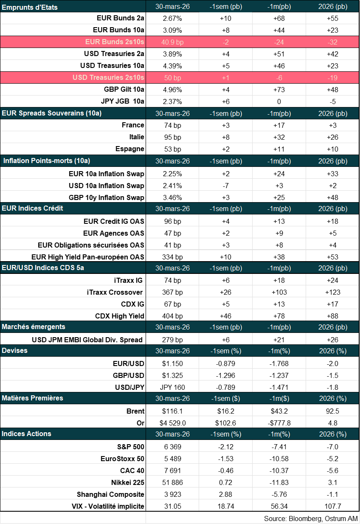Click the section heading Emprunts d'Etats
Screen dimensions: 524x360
click(30, 7)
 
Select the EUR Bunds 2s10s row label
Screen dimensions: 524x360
click(115, 42)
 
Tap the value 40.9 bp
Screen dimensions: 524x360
click(172, 42)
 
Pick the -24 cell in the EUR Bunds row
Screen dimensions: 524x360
click(279, 42)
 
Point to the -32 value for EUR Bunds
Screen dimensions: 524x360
click(332, 42)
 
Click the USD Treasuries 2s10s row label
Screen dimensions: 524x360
click(108, 78)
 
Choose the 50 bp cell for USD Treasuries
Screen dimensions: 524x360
click(172, 78)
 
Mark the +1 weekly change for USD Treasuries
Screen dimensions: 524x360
click(225, 78)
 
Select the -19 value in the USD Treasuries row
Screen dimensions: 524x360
click(332, 78)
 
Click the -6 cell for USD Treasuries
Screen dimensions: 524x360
click(279, 78)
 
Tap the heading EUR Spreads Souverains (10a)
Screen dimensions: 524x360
click(51, 113)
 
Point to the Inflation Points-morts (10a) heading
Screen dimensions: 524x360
click(47, 161)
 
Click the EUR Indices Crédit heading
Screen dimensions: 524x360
click(32, 208)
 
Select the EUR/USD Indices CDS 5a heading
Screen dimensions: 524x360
click(43, 268)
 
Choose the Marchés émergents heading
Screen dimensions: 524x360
click(34, 327)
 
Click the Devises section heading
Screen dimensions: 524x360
click(14, 351)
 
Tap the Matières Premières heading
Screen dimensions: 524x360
click(32, 398)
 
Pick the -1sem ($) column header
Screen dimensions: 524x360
click(225, 398)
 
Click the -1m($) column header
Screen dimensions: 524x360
click(279, 398)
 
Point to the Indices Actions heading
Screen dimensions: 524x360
click(26, 434)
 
